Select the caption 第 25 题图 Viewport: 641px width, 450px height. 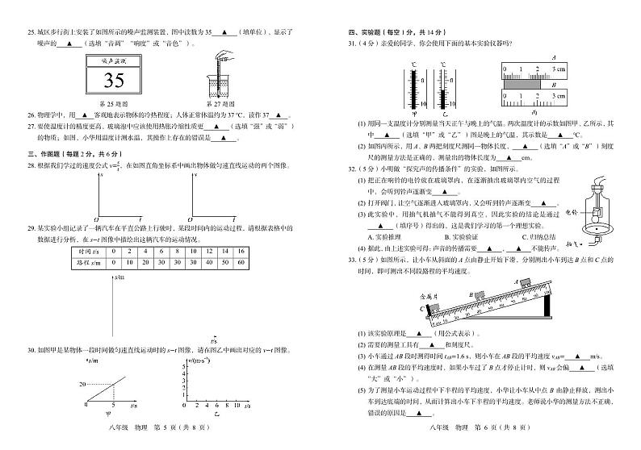(x=115, y=103)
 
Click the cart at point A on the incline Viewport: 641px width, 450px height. (x=535, y=281)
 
